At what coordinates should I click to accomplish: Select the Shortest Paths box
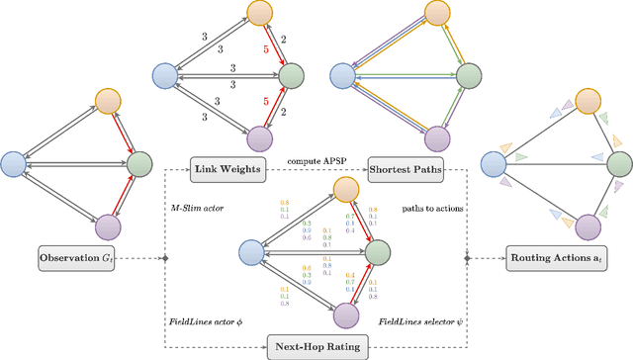coord(406,171)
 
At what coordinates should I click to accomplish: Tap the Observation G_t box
coord(77,259)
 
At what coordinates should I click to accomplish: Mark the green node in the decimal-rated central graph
coord(377,254)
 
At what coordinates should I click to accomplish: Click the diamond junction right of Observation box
coord(165,259)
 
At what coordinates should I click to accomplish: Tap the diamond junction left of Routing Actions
coord(467,259)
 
